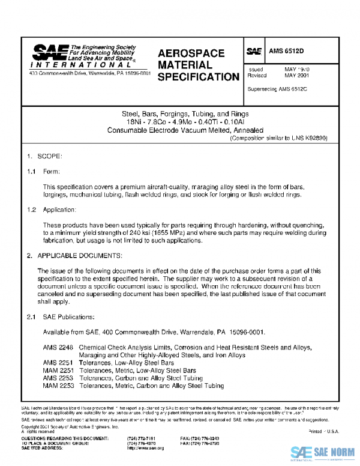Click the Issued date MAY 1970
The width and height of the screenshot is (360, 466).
click(x=296, y=70)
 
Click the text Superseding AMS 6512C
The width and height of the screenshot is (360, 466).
click(x=277, y=89)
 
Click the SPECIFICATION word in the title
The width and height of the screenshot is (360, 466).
click(x=198, y=77)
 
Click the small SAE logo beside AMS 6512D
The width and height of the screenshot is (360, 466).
click(x=254, y=52)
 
